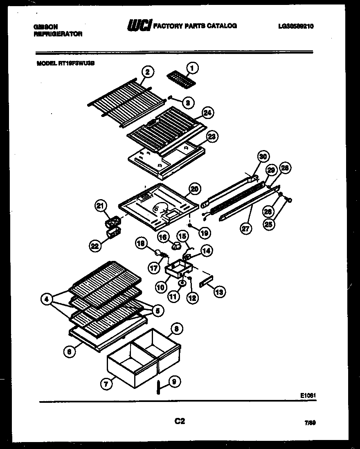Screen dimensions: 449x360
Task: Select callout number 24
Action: click(208, 112)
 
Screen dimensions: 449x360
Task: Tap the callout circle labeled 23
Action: click(211, 137)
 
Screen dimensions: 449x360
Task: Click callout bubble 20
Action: click(195, 189)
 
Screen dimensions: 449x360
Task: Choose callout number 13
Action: click(219, 292)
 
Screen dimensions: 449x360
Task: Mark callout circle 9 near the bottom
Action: click(174, 382)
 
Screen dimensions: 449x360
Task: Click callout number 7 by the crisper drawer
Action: click(106, 384)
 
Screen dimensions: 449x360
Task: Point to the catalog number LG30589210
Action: click(296, 26)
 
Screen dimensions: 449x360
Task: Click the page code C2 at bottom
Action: click(180, 421)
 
